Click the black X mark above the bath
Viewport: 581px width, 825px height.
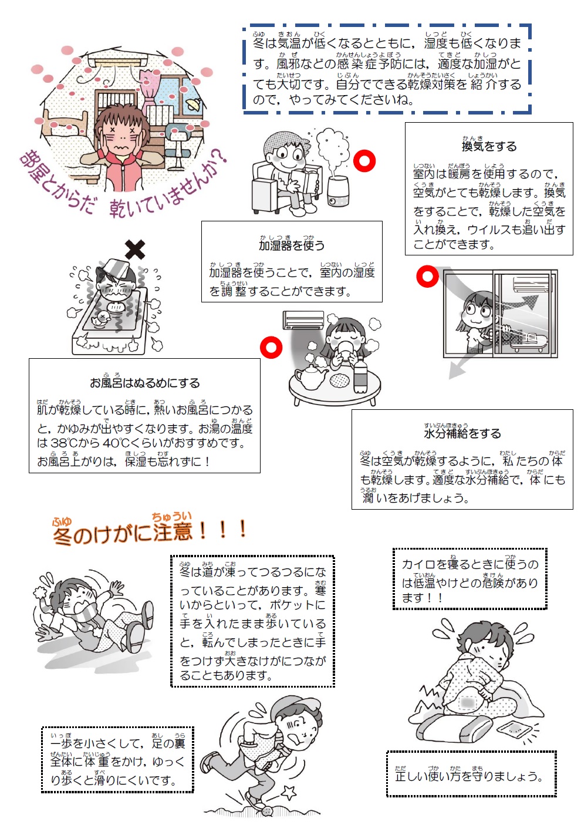[135, 250]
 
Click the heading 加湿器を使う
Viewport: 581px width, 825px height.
[292, 245]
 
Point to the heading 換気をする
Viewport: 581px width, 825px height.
[489, 146]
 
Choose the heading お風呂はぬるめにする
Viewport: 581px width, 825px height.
[145, 383]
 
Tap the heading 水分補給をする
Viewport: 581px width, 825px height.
[462, 433]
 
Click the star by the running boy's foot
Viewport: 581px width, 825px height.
[289, 792]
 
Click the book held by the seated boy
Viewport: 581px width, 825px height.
[304, 180]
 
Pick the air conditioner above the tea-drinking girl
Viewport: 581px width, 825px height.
[303, 320]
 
